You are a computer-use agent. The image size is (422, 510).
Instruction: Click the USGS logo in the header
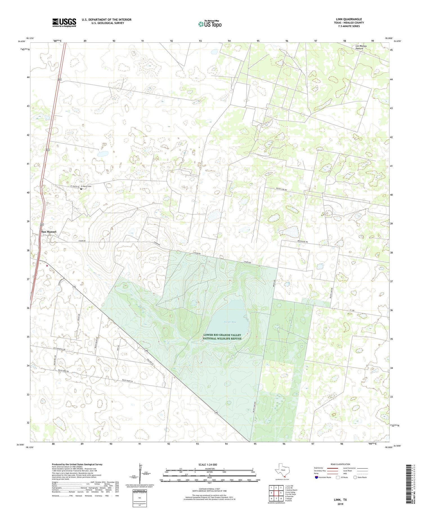(64, 23)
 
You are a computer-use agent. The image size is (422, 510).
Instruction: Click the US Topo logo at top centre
(210, 24)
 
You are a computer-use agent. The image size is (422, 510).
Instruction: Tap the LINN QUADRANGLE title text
(349, 19)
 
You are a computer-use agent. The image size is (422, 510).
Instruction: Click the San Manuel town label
(49, 232)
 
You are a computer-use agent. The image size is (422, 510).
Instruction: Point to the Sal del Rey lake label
(230, 322)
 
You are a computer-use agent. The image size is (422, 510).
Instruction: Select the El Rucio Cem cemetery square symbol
(81, 189)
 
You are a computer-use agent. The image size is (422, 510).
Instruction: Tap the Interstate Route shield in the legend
(317, 477)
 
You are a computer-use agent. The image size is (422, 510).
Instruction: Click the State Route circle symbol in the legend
(355, 477)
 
